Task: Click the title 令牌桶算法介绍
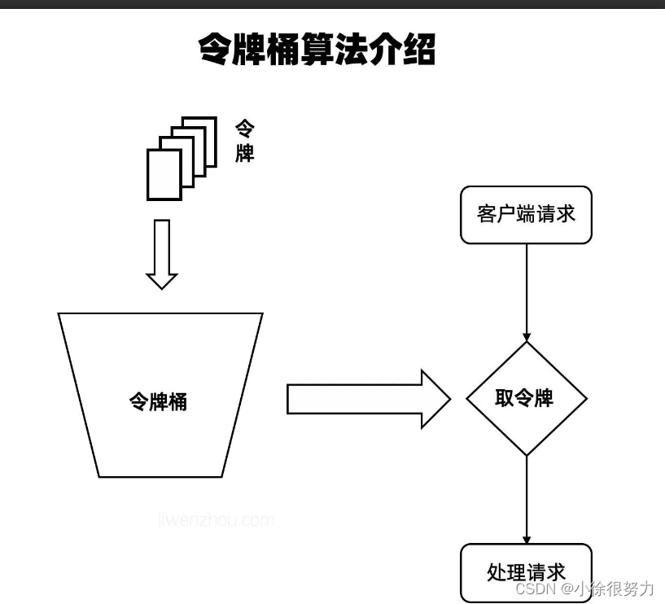tap(317, 50)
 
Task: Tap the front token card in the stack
tap(164, 174)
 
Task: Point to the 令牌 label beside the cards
tap(244, 141)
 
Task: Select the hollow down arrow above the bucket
tap(161, 253)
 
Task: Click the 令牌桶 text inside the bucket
tap(159, 401)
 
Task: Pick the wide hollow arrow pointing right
tap(366, 399)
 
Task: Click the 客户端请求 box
tap(526, 215)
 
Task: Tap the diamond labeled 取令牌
tap(526, 399)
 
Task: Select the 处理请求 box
tap(526, 572)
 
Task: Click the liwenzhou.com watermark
tap(216, 519)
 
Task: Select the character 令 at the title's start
tap(217, 50)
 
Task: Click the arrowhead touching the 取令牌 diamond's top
tap(527, 336)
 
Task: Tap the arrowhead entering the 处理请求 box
tap(527, 539)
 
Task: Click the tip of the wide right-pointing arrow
tap(448, 399)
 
